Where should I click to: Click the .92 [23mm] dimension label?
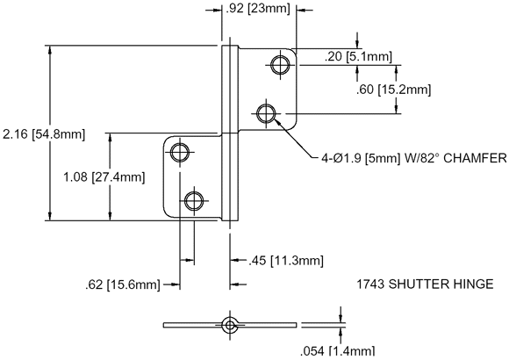[257, 9]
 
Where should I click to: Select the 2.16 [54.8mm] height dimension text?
[44, 133]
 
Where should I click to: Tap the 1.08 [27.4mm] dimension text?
[104, 177]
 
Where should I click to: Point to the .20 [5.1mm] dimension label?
[358, 56]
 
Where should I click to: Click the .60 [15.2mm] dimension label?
[393, 90]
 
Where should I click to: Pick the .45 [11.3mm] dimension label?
[286, 261]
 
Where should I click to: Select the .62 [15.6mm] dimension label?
[122, 284]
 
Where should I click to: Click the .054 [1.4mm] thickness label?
[338, 351]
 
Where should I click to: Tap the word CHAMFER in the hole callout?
[475, 158]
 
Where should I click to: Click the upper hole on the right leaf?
[281, 65]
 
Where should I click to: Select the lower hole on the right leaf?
[266, 114]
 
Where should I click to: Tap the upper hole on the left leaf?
[180, 152]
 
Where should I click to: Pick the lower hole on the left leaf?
[194, 201]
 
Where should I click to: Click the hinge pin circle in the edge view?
[230, 325]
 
